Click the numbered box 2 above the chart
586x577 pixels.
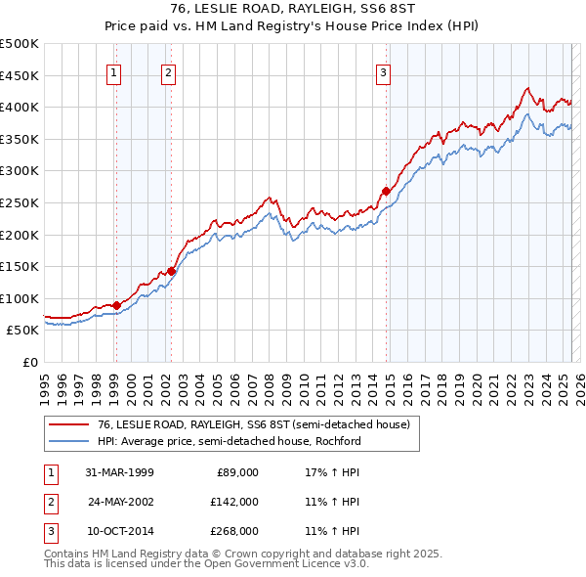169,71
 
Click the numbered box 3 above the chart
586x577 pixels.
384,71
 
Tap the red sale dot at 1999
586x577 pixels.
116,305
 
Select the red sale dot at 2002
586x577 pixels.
171,271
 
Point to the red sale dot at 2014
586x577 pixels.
386,191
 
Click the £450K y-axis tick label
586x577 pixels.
20,75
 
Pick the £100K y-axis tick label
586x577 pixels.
20,298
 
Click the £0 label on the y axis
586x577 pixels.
30,362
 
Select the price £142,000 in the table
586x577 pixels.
234,502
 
